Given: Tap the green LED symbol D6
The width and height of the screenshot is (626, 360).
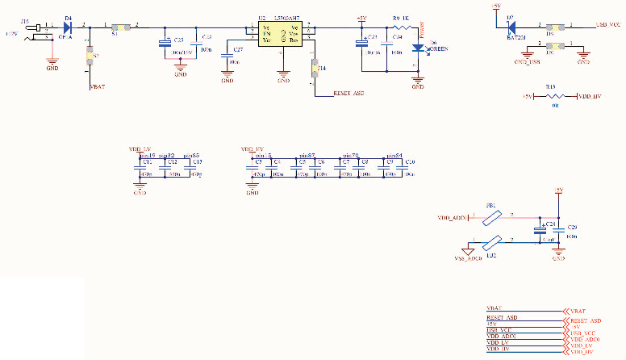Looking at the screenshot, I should [418, 48].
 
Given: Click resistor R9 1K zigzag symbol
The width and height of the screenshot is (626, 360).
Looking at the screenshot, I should [401, 27].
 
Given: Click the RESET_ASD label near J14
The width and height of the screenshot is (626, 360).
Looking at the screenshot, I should [348, 94].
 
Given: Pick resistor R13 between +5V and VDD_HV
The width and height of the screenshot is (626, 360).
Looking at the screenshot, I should [554, 96].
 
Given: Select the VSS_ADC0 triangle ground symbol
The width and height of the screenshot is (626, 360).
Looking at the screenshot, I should [467, 253].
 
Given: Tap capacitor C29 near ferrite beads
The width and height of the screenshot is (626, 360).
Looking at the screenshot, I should [559, 233].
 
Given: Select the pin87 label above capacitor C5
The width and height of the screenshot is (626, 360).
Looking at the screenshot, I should [307, 154].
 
